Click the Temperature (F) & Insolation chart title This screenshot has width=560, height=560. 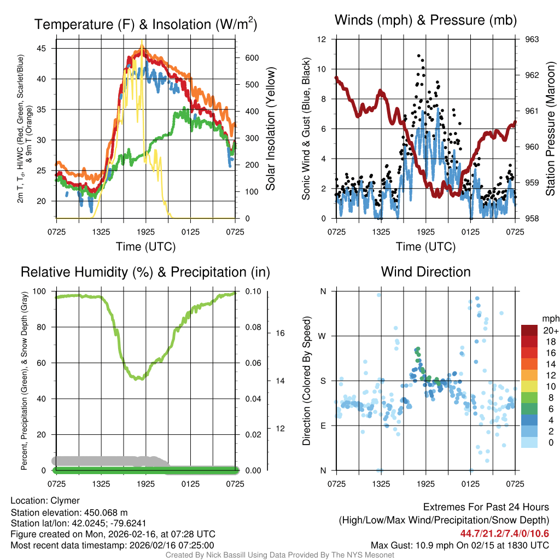tap(145, 25)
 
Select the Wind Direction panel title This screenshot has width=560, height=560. tap(425, 272)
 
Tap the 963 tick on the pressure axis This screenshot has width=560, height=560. tap(532, 39)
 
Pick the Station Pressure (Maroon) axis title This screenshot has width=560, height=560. tap(550, 129)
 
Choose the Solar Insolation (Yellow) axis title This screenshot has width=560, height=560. tap(270, 129)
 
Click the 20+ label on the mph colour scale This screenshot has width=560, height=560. tap(550, 331)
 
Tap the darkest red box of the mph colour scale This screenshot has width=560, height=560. tap(530, 330)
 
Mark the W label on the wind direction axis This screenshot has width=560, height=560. tap(323, 336)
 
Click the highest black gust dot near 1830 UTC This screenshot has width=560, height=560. tap(419, 56)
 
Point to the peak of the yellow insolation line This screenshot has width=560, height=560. tap(142, 42)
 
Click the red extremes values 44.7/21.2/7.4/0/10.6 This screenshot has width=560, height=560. tap(505, 534)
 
